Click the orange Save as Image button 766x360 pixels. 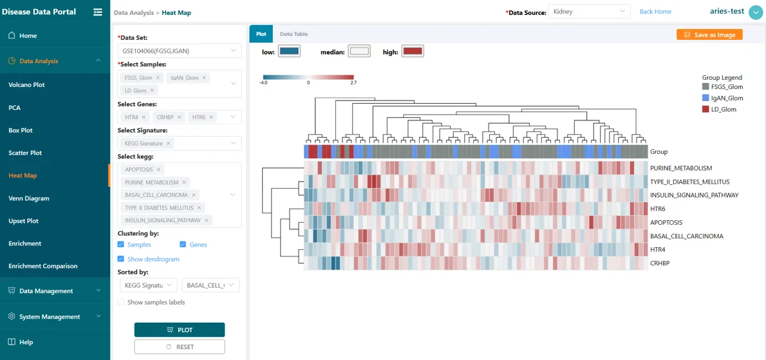click(709, 35)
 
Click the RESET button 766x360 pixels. click(180, 347)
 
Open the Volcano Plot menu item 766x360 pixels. click(27, 85)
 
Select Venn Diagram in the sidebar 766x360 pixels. click(29, 198)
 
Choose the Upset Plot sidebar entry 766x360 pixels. click(23, 221)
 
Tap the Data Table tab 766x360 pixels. click(294, 34)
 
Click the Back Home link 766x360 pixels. click(655, 11)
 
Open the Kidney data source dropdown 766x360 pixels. click(589, 11)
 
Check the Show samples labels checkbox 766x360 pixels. click(120, 302)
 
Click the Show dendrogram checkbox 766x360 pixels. click(120, 259)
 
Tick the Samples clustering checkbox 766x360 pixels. click(120, 244)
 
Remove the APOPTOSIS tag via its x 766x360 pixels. click(159, 169)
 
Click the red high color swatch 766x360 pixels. click(413, 52)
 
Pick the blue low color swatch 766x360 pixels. click(289, 52)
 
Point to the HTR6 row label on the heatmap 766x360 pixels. click(658, 209)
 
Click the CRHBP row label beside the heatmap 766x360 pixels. click(660, 263)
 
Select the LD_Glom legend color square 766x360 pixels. click(705, 109)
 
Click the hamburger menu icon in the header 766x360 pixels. click(98, 12)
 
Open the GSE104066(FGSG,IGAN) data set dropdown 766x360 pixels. click(180, 50)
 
